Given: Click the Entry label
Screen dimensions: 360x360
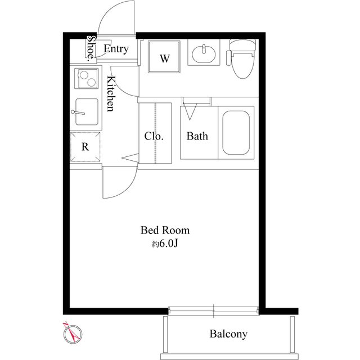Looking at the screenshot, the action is [x=116, y=49].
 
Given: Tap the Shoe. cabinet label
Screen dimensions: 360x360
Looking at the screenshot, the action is [x=91, y=49].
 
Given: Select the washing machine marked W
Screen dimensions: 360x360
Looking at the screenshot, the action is [x=164, y=57].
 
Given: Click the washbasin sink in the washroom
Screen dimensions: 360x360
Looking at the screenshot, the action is [x=204, y=54].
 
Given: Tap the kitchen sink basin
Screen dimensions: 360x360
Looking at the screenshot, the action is [x=87, y=112].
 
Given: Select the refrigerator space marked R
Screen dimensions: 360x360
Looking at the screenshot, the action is [x=85, y=147].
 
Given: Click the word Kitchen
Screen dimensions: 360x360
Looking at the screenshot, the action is [x=110, y=94].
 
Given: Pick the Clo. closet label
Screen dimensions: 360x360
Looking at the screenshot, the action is [x=154, y=136].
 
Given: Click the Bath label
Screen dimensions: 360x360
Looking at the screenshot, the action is [x=197, y=136].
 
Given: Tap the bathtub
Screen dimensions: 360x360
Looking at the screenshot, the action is [x=236, y=133].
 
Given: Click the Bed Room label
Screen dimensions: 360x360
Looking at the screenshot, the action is [x=165, y=230].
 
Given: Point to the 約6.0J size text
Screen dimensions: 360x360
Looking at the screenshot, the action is [x=165, y=244].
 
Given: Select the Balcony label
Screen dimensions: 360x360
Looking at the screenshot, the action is [x=228, y=334].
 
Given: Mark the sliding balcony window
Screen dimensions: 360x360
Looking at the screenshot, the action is [x=214, y=310].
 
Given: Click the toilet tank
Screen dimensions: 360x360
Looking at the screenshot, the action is [x=242, y=45].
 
